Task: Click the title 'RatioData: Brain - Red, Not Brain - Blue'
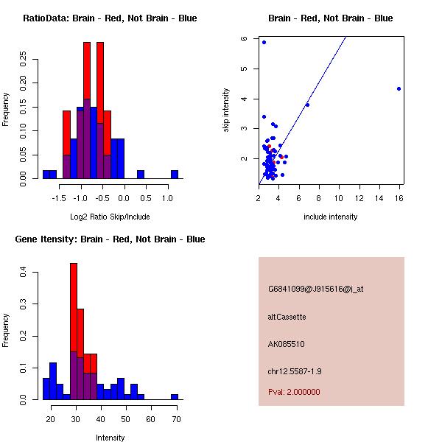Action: coord(110,18)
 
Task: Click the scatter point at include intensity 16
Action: coord(399,88)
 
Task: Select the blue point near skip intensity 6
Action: coord(264,42)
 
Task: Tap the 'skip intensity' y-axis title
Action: coord(226,110)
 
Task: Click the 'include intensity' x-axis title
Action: coord(331,217)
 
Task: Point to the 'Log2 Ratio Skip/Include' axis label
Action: coord(109,217)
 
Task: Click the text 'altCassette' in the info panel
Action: coord(287,317)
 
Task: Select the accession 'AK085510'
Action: coord(287,344)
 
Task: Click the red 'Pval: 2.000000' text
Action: coord(295,392)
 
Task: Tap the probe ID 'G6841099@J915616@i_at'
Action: coord(316,289)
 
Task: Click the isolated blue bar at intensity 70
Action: coord(175,396)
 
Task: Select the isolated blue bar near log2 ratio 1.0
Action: coord(175,175)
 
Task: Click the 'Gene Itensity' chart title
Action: coord(110,239)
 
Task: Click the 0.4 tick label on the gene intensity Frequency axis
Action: coord(24,273)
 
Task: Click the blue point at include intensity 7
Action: coord(307,105)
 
